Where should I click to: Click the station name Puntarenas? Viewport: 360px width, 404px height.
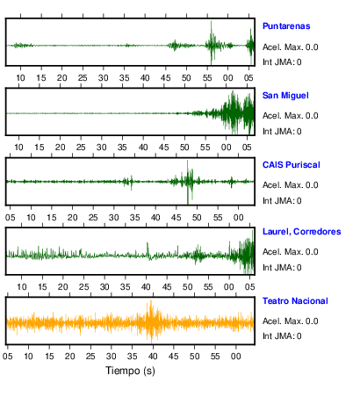pyautogui.click(x=286, y=26)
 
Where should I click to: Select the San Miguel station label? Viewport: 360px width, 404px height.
pyautogui.click(x=285, y=96)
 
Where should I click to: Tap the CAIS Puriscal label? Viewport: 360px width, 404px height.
pyautogui.click(x=292, y=165)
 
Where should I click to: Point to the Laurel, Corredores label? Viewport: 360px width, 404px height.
pyautogui.click(x=301, y=232)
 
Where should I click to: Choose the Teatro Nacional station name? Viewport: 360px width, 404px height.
pyautogui.click(x=295, y=301)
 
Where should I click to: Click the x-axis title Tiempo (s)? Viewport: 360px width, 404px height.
pyautogui.click(x=130, y=371)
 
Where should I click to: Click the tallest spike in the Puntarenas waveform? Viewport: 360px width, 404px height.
pyautogui.click(x=211, y=21)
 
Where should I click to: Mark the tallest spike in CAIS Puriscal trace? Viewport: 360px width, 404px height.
pyautogui.click(x=187, y=161)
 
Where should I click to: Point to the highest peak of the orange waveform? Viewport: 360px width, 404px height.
pyautogui.click(x=151, y=301)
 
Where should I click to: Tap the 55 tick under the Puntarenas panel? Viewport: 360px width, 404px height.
pyautogui.click(x=207, y=78)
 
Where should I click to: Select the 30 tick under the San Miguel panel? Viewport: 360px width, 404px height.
pyautogui.click(x=102, y=148)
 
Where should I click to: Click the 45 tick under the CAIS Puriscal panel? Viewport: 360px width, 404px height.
pyautogui.click(x=176, y=218)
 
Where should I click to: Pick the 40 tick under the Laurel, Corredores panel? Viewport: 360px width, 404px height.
pyautogui.click(x=146, y=287)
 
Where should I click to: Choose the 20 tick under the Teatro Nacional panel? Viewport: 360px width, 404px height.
pyautogui.click(x=69, y=357)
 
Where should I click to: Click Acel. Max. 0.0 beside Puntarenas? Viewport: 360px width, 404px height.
pyautogui.click(x=290, y=47)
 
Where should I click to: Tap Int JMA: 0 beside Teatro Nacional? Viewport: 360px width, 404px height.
pyautogui.click(x=282, y=336)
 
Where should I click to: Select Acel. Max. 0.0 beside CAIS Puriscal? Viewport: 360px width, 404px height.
pyautogui.click(x=290, y=185)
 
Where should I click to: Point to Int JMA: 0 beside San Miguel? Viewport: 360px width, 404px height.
pyautogui.click(x=282, y=132)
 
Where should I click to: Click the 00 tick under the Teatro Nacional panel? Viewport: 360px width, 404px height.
pyautogui.click(x=236, y=357)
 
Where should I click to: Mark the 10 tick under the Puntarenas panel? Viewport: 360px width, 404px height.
pyautogui.click(x=20, y=78)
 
